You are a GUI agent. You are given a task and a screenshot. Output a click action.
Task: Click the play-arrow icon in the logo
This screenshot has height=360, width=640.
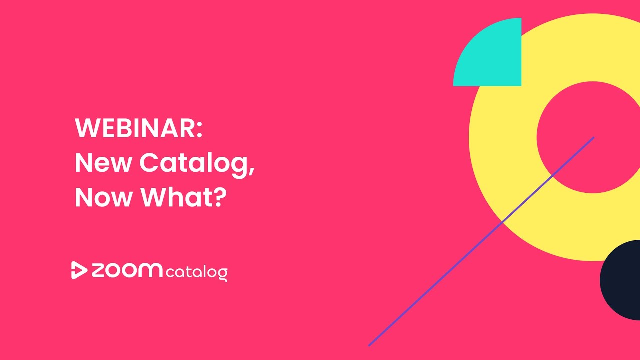coord(79,270)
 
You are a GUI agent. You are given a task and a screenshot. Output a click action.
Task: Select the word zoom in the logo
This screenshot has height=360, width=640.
coord(127,270)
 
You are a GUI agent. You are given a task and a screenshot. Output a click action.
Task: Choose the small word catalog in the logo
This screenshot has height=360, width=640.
coord(196,273)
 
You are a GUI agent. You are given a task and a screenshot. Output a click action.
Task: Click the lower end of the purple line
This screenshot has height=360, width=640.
coord(370,344)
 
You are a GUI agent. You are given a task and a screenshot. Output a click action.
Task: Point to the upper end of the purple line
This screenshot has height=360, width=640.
coord(593,137)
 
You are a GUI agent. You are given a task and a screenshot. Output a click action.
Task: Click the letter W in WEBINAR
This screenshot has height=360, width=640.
coord(86,129)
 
